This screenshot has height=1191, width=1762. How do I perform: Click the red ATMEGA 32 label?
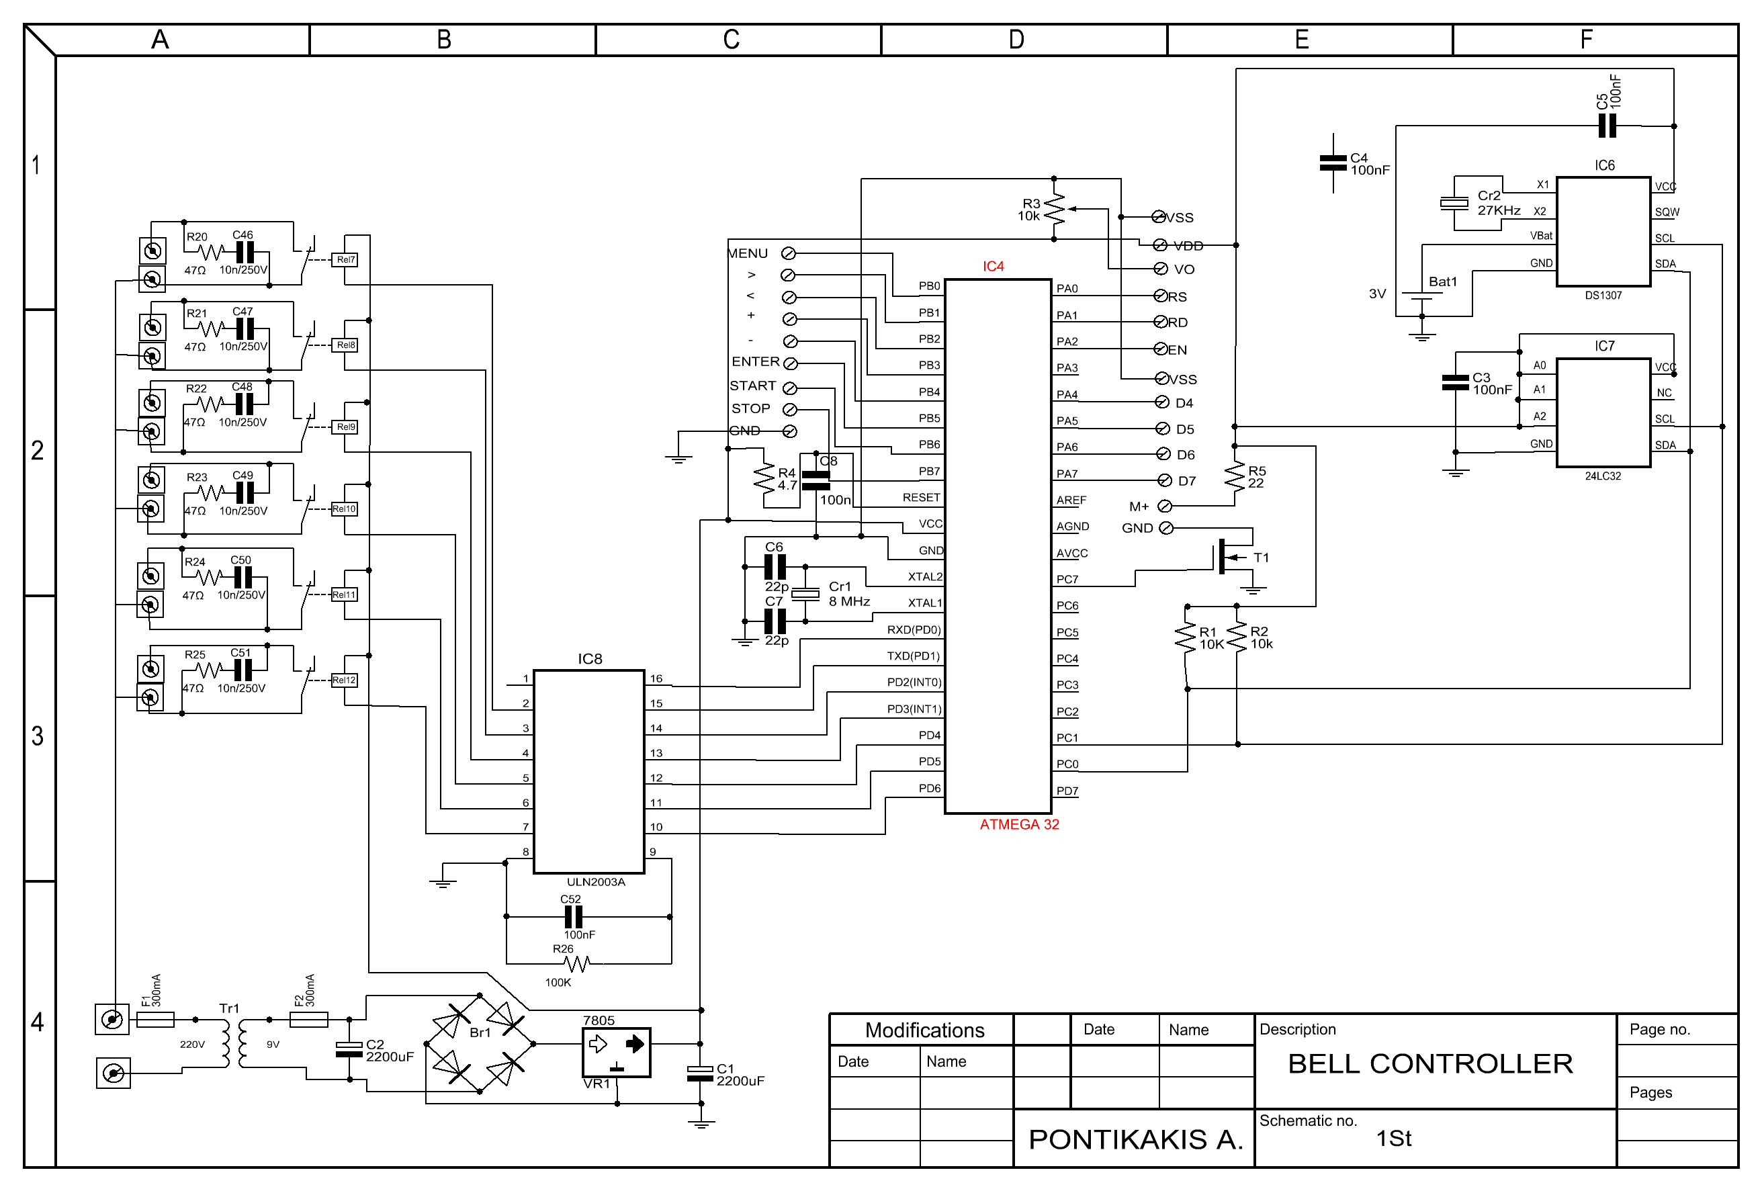click(1019, 824)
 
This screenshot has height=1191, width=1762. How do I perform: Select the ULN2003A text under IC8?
click(596, 882)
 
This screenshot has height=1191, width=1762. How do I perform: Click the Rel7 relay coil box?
click(345, 260)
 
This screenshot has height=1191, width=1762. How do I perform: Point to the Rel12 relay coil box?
click(344, 680)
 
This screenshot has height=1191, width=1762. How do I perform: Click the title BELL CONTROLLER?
click(1431, 1063)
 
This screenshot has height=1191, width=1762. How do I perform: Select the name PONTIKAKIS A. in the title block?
click(1136, 1139)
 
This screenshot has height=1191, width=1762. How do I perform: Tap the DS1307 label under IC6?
click(1603, 296)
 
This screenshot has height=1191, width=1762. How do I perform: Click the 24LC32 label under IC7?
click(1603, 476)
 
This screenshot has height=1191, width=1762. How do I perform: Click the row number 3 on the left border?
click(37, 736)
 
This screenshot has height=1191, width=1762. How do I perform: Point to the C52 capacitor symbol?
click(574, 916)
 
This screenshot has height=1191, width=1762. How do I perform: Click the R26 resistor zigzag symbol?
click(578, 963)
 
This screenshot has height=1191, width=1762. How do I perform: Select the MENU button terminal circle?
click(789, 253)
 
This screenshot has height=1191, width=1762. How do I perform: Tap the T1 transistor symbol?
click(1229, 558)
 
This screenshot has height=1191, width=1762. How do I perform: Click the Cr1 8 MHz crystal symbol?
click(805, 594)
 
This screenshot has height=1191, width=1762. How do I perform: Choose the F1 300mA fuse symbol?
click(155, 1020)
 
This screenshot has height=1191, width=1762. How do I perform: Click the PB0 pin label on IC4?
click(930, 285)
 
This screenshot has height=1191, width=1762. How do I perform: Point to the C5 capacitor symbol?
click(1607, 126)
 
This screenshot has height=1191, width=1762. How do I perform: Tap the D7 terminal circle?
click(1165, 481)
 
